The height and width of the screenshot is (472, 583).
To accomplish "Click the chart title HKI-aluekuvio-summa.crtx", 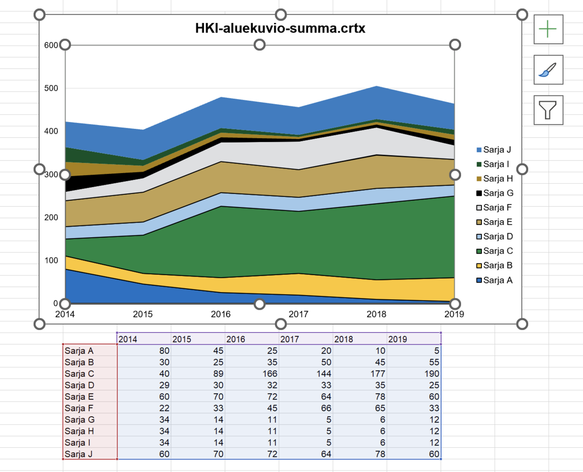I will pyautogui.click(x=280, y=29).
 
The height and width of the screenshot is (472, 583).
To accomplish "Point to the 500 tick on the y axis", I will pyautogui.click(x=51, y=88).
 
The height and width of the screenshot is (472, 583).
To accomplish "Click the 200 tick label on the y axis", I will pyautogui.click(x=51, y=217).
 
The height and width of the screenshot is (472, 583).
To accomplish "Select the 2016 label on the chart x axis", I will pyautogui.click(x=221, y=315).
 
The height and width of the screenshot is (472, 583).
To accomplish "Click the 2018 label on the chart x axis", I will pyautogui.click(x=377, y=315).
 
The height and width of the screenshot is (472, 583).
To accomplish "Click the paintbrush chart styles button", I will pyautogui.click(x=549, y=70).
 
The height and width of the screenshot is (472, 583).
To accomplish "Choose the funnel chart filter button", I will pyautogui.click(x=549, y=110).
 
